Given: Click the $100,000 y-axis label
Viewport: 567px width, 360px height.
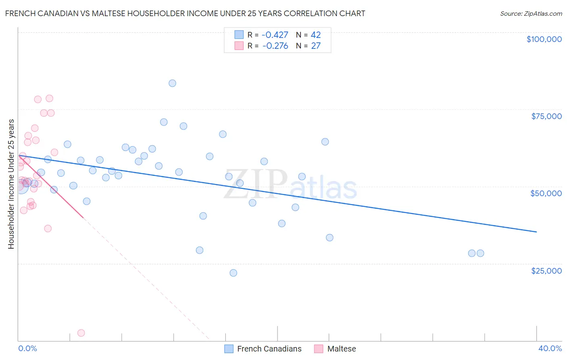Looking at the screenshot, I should (544, 39).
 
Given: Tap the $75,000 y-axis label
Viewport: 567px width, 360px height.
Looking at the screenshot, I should (546, 116).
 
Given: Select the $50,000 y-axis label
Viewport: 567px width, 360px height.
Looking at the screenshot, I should (546, 193).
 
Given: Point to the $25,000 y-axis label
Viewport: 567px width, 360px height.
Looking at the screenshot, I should (546, 271).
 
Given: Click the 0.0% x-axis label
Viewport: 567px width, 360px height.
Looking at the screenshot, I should (27, 349).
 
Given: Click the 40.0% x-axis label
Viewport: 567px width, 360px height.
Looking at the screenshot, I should (550, 349).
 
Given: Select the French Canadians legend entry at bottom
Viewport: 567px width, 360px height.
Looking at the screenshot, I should (269, 349).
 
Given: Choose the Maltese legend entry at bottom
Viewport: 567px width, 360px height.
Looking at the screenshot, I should (341, 349).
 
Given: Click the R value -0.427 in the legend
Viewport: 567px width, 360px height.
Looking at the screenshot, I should (275, 35).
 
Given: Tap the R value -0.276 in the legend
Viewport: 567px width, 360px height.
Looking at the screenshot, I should (275, 46).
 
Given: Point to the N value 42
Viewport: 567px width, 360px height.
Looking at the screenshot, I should (316, 35).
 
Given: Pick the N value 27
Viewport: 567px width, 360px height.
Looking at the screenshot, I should (316, 46).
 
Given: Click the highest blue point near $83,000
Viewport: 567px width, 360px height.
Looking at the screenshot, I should (172, 83).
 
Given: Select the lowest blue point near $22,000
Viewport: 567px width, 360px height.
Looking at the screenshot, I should (233, 273).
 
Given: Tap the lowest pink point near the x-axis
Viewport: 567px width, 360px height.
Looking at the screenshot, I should (81, 333).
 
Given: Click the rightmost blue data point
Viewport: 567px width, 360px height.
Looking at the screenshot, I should (480, 253).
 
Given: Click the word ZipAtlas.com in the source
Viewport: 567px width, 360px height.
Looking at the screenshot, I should (542, 14).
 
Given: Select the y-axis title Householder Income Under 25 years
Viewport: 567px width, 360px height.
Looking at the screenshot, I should (11, 184).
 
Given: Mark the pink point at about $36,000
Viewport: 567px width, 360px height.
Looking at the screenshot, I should (48, 228).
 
